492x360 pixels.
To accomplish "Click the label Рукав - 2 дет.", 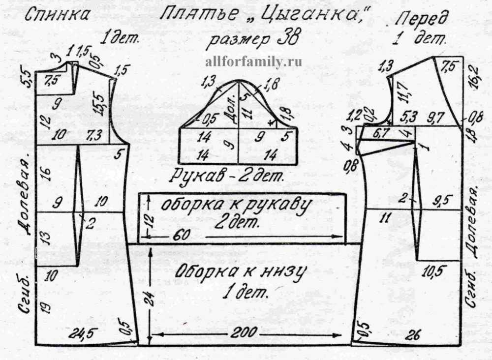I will [x=228, y=175].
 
